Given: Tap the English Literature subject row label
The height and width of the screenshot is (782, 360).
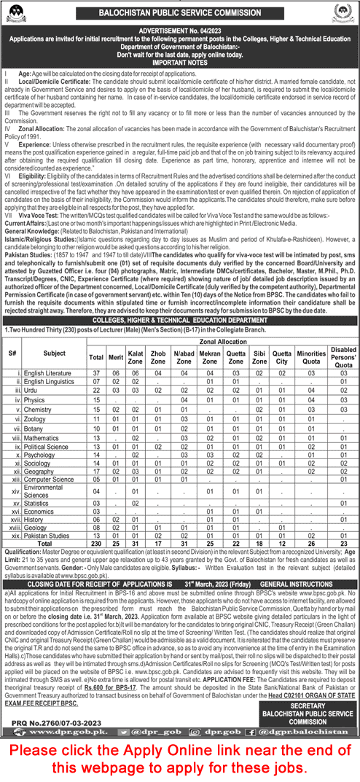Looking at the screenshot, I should (x=48, y=372).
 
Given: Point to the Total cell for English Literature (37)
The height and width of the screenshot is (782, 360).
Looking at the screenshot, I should (x=95, y=372).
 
